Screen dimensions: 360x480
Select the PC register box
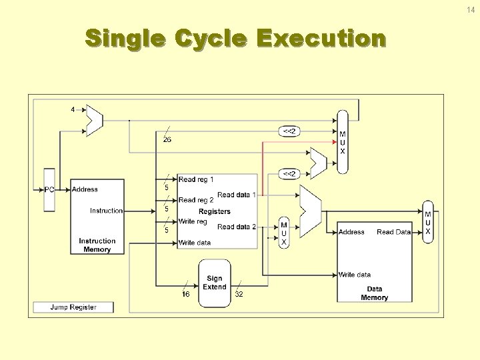click(49, 189)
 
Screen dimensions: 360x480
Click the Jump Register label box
click(73, 307)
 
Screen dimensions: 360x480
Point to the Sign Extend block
click(214, 283)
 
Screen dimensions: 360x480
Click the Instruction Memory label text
click(97, 245)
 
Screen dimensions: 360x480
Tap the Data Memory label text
click(374, 293)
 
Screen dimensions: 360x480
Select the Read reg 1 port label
click(196, 179)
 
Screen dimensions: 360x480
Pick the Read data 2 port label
click(237, 227)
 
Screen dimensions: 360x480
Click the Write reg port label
click(193, 221)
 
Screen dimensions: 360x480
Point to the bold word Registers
click(215, 211)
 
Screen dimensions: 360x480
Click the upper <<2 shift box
click(289, 131)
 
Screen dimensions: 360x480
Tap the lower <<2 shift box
click(289, 174)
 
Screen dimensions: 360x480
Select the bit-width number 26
click(167, 139)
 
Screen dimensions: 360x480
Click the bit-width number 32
click(239, 294)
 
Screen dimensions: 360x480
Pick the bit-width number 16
click(186, 294)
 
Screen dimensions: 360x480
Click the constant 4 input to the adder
click(73, 109)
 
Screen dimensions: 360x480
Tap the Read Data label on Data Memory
click(393, 232)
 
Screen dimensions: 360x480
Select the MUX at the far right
click(428, 222)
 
